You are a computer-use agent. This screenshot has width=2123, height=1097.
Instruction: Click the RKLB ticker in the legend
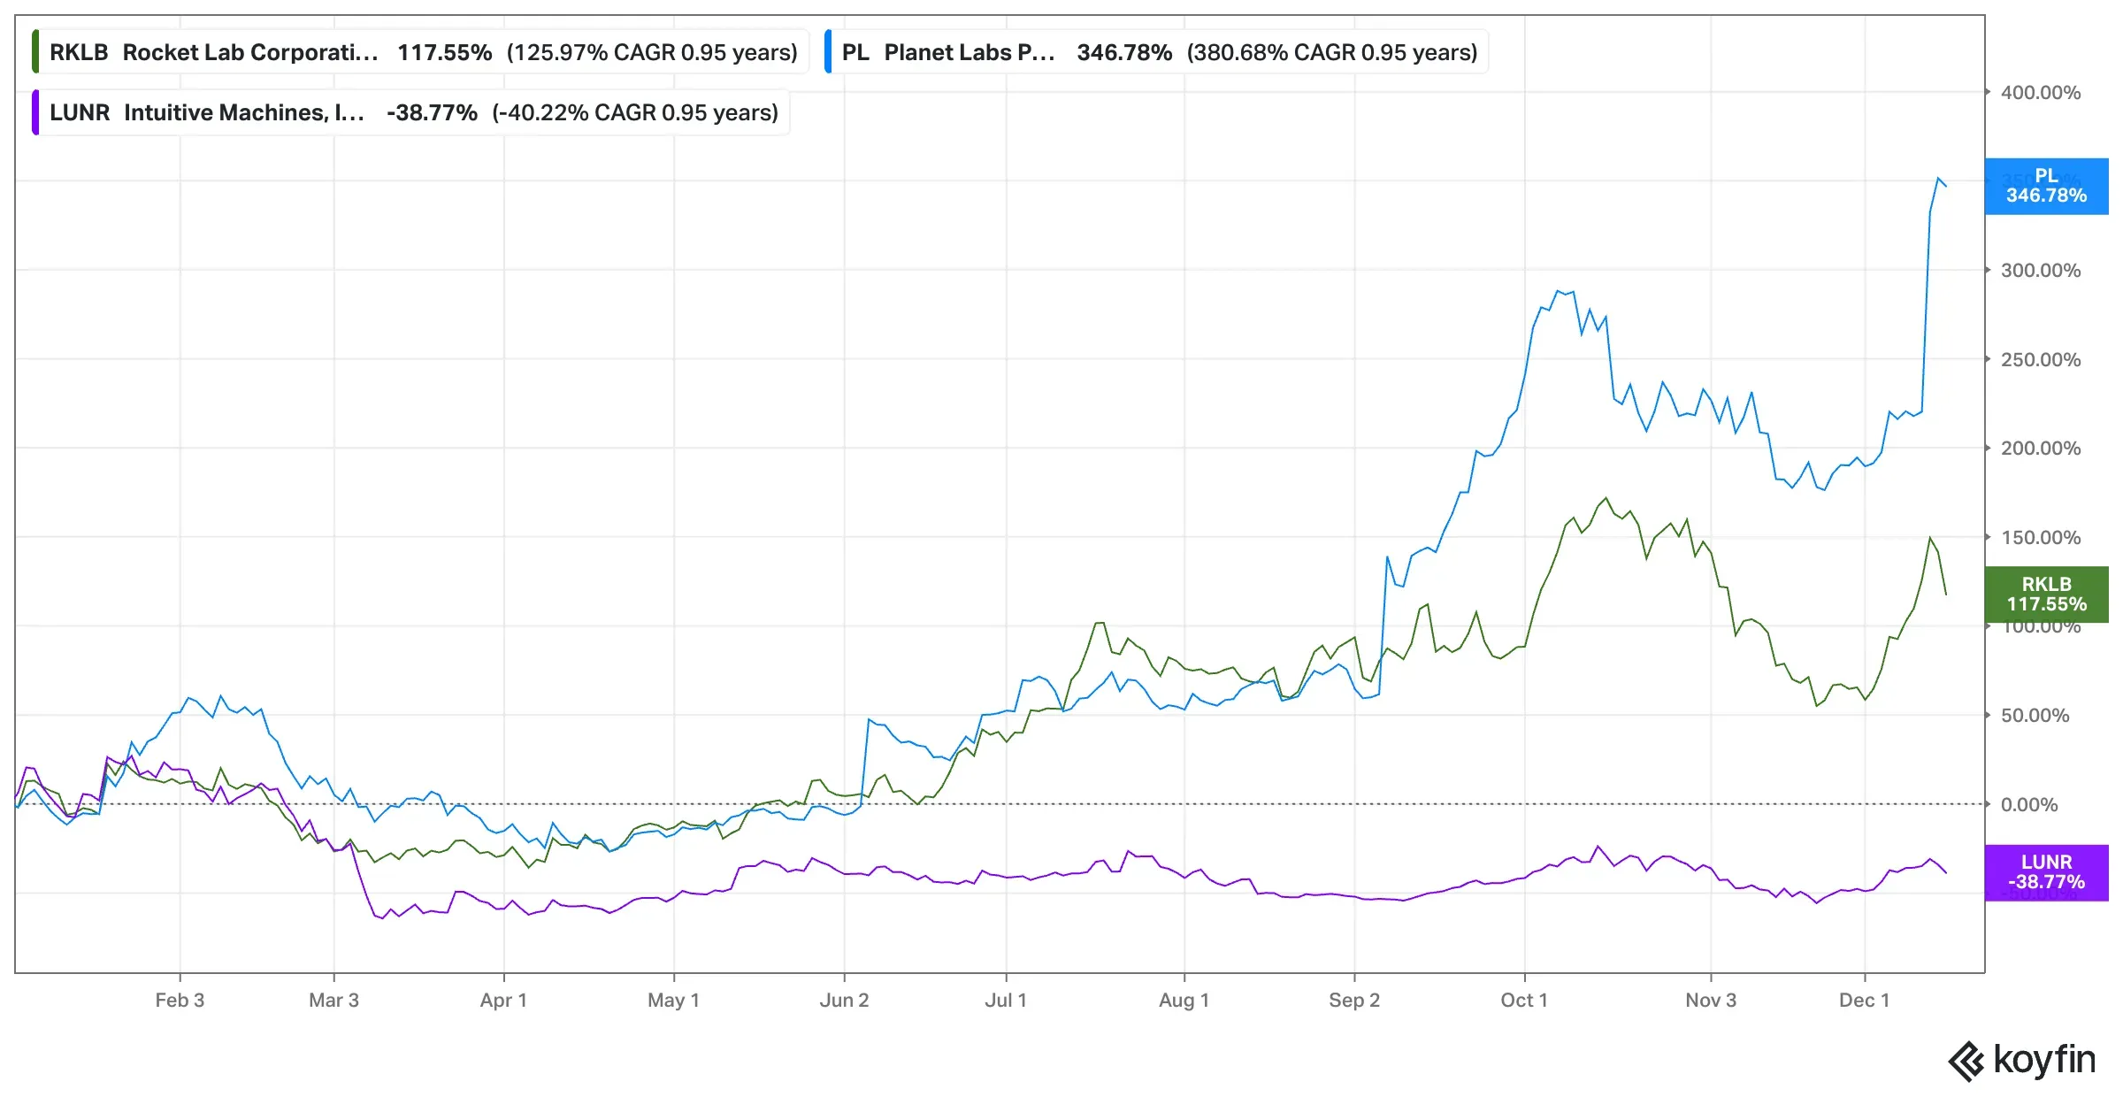coord(79,52)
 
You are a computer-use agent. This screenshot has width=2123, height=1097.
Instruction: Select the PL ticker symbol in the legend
coord(855,52)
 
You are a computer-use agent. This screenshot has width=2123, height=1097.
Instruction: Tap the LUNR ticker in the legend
coord(80,112)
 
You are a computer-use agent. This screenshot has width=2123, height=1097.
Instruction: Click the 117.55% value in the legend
coord(444,52)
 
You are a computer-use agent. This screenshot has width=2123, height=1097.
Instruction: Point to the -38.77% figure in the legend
coord(432,112)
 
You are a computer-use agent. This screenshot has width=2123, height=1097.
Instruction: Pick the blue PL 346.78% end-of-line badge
coord(2045,186)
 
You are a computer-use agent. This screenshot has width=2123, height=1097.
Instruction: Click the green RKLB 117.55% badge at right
coord(2045,595)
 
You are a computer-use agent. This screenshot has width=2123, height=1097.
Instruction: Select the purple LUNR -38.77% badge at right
coord(2045,872)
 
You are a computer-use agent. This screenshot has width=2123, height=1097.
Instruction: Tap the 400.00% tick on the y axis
coord(2040,93)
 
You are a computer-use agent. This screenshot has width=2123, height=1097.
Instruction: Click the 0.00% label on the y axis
coord(2028,805)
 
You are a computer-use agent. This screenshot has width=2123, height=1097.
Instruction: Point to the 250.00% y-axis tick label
coord(2040,360)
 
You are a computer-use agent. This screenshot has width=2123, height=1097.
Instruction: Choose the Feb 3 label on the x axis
coord(180,1001)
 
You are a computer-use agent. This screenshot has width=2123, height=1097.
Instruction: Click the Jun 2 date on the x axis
coord(844,1001)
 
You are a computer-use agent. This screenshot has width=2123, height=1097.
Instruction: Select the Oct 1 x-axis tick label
coord(1524,1001)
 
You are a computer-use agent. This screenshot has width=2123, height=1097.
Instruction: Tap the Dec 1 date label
coord(1864,1001)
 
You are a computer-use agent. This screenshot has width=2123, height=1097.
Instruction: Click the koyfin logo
coord(2022,1060)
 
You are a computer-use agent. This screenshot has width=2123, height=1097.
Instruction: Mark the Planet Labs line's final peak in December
coord(1938,179)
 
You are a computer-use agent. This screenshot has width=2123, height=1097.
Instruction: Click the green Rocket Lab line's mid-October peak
coord(1606,498)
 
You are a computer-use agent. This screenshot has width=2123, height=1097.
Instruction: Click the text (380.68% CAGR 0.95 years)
coord(1331,52)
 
